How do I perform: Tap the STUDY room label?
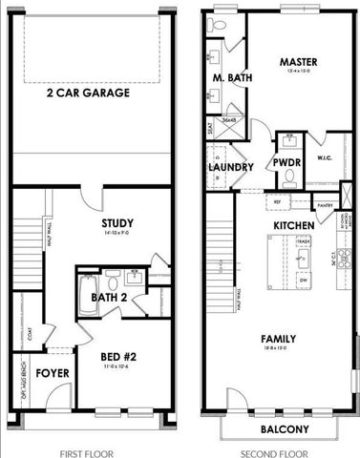[x=118, y=224]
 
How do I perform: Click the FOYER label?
[x=53, y=372]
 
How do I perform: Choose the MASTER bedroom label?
[x=298, y=62]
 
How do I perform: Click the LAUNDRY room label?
[x=231, y=167]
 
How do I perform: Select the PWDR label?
[x=287, y=163]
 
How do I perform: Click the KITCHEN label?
[x=294, y=225]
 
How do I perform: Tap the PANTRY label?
[x=327, y=204]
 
